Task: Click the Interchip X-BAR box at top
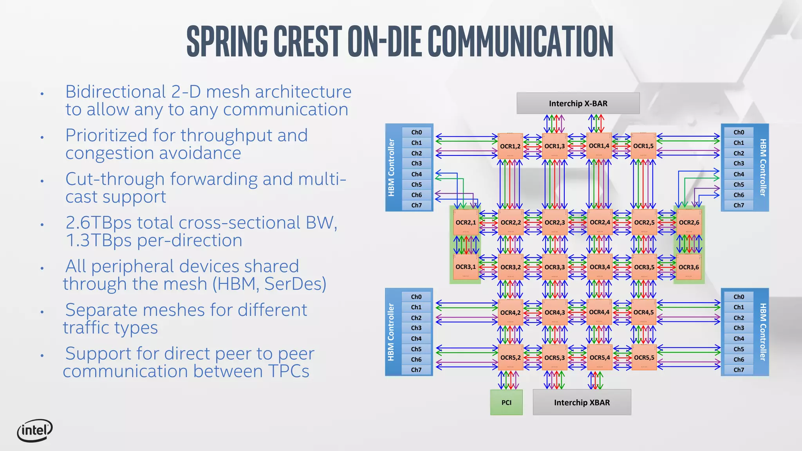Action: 578,103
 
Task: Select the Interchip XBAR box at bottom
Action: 582,402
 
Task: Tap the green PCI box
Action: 506,402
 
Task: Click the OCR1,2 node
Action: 510,146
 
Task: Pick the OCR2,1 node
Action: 466,222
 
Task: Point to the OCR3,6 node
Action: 688,267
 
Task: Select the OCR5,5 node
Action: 644,357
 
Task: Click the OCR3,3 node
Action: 555,267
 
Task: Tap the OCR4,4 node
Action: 599,312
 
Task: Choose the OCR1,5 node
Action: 643,146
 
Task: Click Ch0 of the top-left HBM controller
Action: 417,132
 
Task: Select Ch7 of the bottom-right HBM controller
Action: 739,370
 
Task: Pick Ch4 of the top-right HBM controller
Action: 739,174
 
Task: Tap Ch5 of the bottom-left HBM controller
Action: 416,349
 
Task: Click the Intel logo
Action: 34,431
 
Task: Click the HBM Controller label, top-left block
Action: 391,168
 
